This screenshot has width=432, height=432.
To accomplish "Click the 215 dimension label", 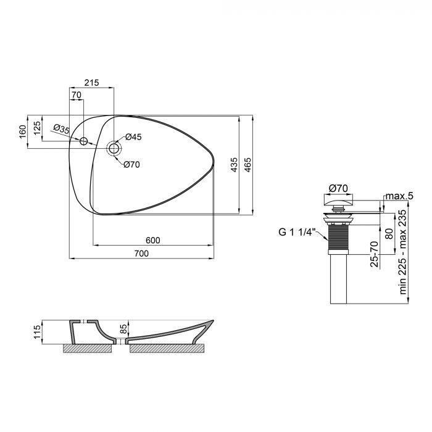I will click(91, 83).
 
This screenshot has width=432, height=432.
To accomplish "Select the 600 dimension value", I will click(153, 241).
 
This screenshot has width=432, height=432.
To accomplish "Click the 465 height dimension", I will click(248, 165).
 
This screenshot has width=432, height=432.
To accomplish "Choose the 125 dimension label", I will click(37, 128).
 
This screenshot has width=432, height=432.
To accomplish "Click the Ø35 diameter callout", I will click(60, 129).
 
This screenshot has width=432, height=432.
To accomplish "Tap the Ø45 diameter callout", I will click(134, 137).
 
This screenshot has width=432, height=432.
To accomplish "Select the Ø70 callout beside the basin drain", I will click(132, 164).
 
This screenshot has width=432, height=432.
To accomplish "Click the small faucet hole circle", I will click(85, 141).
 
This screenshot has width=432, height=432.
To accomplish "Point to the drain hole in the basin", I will click(114, 148).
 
